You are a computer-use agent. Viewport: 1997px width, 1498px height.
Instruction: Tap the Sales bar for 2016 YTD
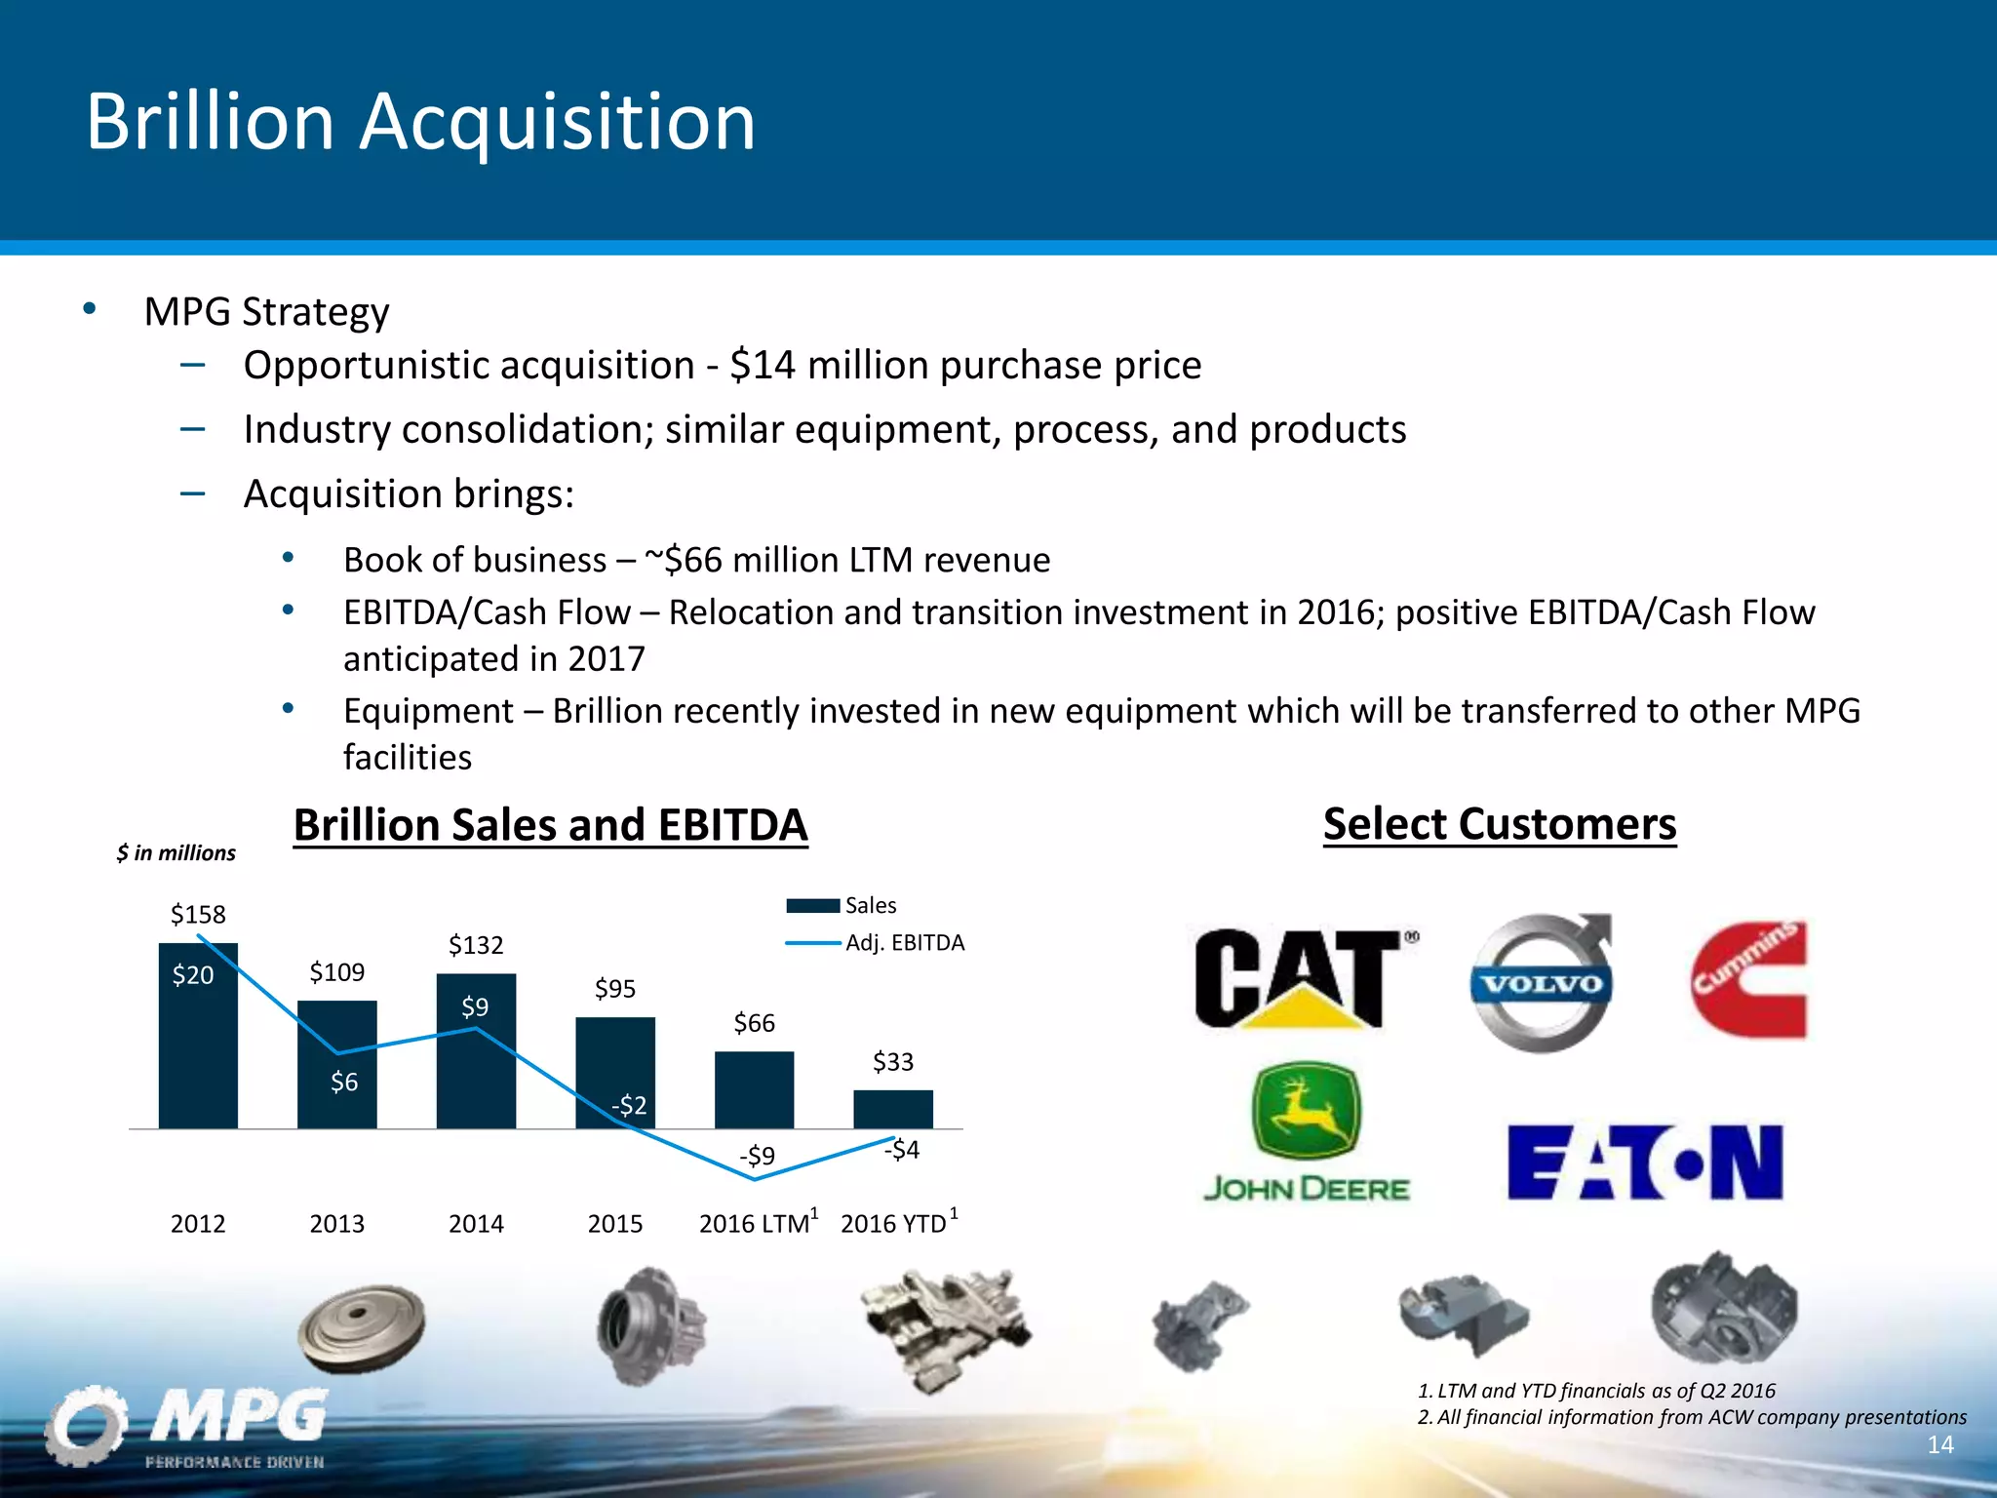pyautogui.click(x=893, y=1110)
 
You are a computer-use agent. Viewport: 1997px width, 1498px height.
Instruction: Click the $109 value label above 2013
pyautogui.click(x=337, y=972)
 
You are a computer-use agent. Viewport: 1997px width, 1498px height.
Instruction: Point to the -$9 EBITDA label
pyautogui.click(x=757, y=1156)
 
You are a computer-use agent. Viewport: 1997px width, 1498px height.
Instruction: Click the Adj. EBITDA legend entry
pyautogui.click(x=904, y=943)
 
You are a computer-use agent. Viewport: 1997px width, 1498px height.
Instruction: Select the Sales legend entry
pyautogui.click(x=870, y=906)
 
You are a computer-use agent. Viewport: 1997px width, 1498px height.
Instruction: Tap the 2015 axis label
pyautogui.click(x=615, y=1224)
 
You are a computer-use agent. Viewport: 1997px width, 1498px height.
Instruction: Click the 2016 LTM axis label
pyautogui.click(x=755, y=1224)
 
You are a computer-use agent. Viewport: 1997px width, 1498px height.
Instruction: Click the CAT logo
pyautogui.click(x=1303, y=978)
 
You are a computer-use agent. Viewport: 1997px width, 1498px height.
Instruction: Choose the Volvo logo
pyautogui.click(x=1542, y=983)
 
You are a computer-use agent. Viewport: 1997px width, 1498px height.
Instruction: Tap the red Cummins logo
pyautogui.click(x=1747, y=979)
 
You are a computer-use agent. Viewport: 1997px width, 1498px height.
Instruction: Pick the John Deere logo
pyautogui.click(x=1307, y=1133)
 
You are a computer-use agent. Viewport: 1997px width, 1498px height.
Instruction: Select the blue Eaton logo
pyautogui.click(x=1645, y=1163)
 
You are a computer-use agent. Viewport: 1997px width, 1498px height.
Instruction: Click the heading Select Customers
pyautogui.click(x=1500, y=824)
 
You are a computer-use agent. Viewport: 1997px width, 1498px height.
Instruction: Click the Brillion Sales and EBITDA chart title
pyautogui.click(x=550, y=825)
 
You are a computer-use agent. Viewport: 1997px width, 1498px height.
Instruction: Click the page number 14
pyautogui.click(x=1940, y=1445)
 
